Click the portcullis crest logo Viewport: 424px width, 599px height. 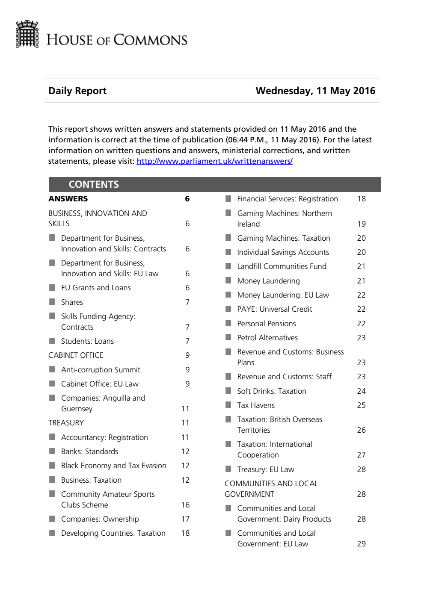coord(27,34)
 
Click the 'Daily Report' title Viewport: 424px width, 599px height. coord(77,91)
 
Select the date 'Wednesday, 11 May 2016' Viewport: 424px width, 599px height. coord(315,91)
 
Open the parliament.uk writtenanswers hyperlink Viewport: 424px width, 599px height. coord(214,161)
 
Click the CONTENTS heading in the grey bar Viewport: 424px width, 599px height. coord(94,184)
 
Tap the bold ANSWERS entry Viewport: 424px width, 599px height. coord(68,199)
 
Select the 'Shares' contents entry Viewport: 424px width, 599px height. coord(72,302)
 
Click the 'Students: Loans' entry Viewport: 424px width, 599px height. coord(87,341)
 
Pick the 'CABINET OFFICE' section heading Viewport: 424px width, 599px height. coord(76,355)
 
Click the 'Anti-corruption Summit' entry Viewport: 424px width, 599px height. coord(101,370)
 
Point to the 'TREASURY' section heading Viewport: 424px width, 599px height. coord(66,423)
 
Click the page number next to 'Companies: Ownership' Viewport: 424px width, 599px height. coord(185,519)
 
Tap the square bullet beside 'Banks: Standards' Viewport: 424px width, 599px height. coord(52,451)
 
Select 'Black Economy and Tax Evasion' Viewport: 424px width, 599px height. coord(113,466)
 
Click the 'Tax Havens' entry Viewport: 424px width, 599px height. coord(256,405)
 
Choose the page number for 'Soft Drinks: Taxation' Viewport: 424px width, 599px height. coord(361,391)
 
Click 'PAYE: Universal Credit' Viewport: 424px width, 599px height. coord(274,309)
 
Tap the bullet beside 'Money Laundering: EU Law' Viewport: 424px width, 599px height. coord(228,295)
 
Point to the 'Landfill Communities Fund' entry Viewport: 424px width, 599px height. coord(282,266)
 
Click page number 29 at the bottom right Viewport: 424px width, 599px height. coord(361,544)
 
